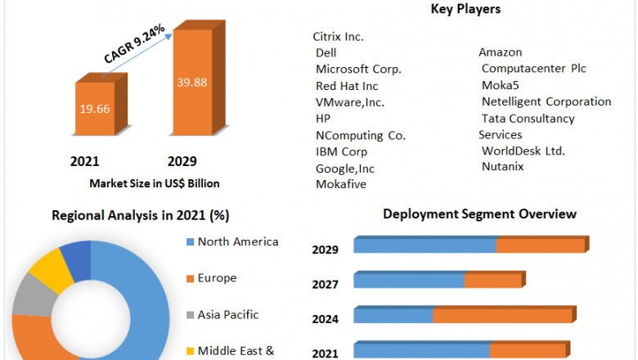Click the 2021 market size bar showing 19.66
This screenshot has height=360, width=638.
(x=96, y=109)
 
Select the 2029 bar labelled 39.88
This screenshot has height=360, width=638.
(x=193, y=82)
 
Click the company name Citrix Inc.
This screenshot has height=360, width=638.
(x=338, y=37)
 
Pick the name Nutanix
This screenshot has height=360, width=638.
(x=502, y=167)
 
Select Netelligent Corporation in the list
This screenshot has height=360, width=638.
(x=546, y=102)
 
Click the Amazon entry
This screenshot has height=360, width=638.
(x=501, y=53)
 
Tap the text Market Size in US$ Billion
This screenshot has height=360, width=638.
(x=155, y=184)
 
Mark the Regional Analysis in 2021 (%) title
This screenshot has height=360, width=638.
(x=141, y=216)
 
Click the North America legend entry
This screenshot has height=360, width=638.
(x=237, y=242)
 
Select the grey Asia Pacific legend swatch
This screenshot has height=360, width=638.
(x=190, y=315)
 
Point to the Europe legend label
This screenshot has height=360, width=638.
(x=217, y=278)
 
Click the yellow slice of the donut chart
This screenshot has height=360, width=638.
(x=45, y=268)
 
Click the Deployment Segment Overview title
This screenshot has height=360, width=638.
(x=479, y=214)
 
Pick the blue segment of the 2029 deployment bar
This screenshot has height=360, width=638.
(x=425, y=245)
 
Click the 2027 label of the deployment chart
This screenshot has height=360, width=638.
(x=325, y=284)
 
